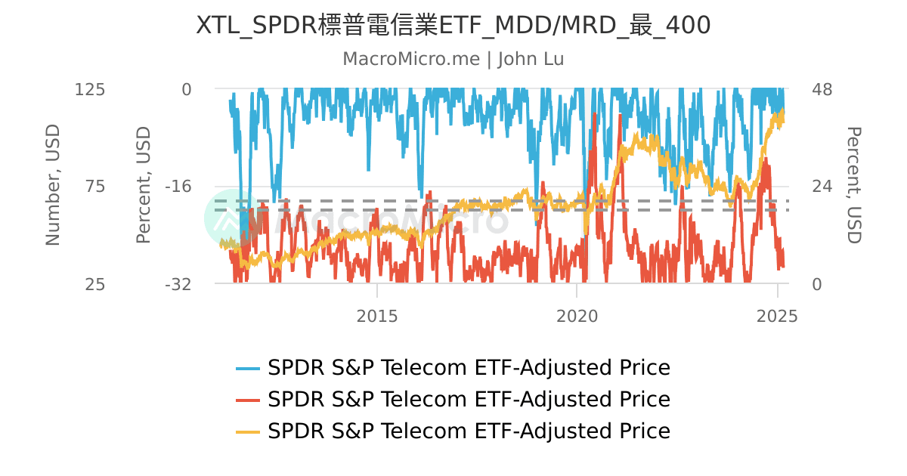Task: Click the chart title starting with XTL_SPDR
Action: click(453, 26)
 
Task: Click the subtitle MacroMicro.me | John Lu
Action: click(453, 59)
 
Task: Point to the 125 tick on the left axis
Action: click(89, 89)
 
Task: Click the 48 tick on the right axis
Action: click(822, 89)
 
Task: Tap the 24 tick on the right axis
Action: click(822, 187)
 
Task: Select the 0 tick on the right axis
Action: click(816, 284)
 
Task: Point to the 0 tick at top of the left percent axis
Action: click(186, 89)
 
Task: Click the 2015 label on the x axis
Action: click(377, 316)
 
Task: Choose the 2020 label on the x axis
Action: click(577, 316)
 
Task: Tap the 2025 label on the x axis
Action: click(777, 316)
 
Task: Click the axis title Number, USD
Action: click(52, 186)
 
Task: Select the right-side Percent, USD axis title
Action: click(853, 186)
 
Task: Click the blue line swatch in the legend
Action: click(248, 369)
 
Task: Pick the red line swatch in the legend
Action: click(248, 400)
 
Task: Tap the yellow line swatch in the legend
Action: click(248, 431)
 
